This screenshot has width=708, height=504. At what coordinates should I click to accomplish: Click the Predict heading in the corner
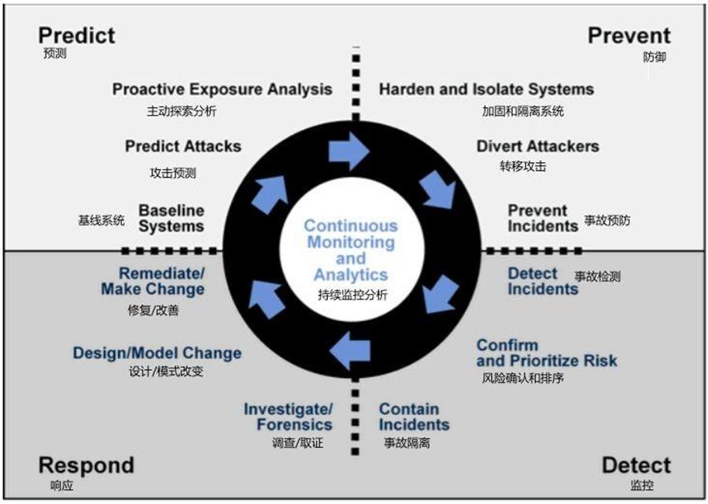(76, 35)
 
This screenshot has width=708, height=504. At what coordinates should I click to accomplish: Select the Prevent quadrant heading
(629, 35)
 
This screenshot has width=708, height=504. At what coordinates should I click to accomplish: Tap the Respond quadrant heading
(86, 465)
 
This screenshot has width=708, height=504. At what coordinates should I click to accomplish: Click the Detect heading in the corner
(636, 465)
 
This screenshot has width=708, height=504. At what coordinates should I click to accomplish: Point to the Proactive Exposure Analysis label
(222, 89)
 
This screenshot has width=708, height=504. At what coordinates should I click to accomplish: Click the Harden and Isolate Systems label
(486, 89)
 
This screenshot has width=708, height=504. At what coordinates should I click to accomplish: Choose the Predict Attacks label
(183, 146)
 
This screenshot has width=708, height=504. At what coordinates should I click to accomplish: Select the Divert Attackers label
(537, 146)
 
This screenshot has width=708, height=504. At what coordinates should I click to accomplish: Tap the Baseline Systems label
(171, 218)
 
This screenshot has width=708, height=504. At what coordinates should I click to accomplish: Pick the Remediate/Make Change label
(153, 281)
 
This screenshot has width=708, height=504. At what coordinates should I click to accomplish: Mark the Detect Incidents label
(542, 281)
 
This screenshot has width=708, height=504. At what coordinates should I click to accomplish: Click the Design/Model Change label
(157, 353)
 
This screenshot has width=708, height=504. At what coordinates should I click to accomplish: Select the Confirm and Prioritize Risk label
(547, 353)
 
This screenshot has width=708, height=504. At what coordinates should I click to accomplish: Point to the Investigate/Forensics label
(289, 417)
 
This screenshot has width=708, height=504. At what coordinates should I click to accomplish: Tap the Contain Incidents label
(414, 417)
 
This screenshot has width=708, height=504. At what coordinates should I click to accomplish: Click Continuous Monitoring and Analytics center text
(351, 250)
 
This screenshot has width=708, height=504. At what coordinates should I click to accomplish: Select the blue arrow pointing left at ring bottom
(351, 349)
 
